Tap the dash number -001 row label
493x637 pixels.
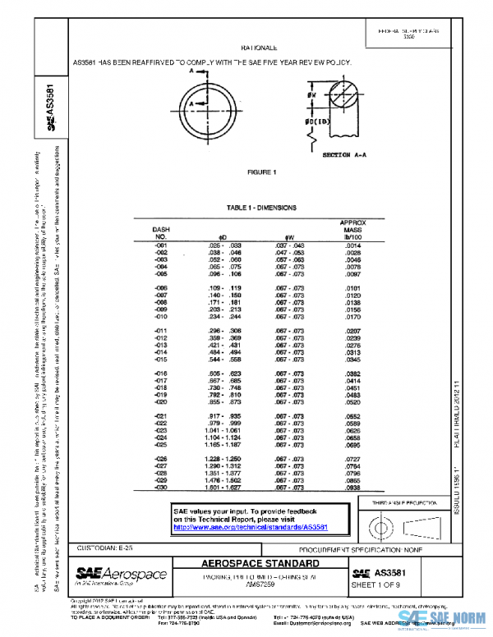(x=161, y=245)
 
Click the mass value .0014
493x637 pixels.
(x=353, y=245)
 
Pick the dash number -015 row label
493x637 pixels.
(x=161, y=360)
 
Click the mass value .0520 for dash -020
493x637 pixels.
(x=353, y=402)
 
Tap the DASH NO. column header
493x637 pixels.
(x=161, y=232)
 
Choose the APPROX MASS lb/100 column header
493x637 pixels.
(x=352, y=230)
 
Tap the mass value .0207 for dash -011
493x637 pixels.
(x=353, y=329)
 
